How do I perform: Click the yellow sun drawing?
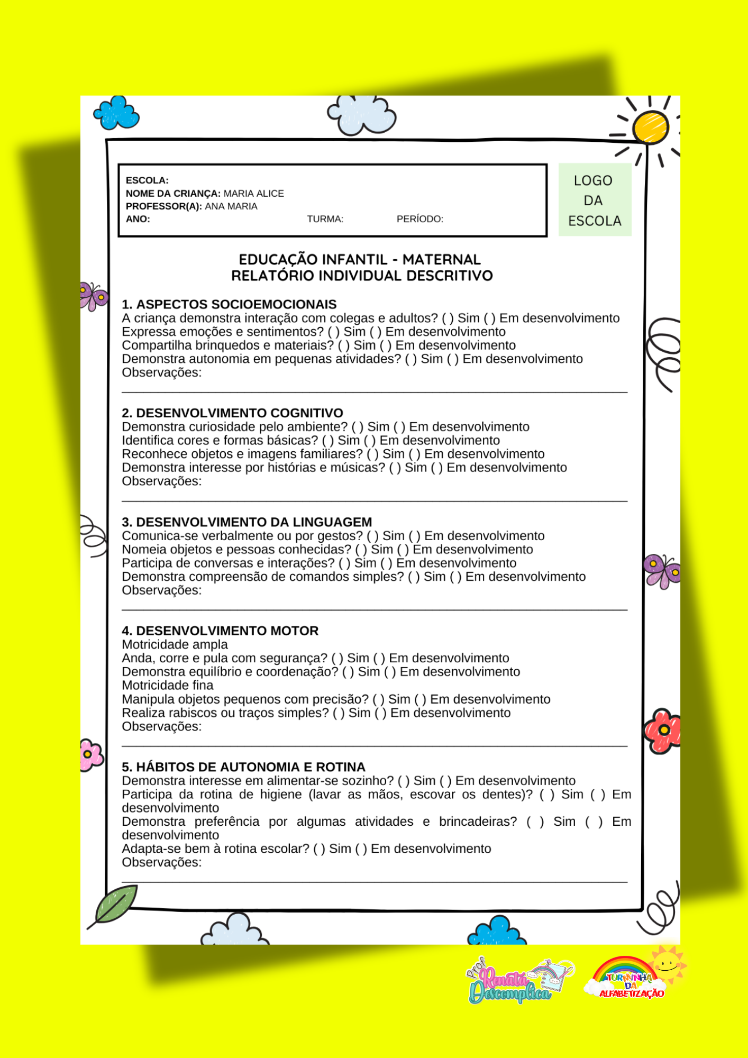651,127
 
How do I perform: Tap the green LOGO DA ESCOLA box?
595,200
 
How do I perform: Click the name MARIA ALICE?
253,194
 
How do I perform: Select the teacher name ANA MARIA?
231,206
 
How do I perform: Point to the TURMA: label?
325,219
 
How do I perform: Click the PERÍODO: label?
419,219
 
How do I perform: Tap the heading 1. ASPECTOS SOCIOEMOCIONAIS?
229,304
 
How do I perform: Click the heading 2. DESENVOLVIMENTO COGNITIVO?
232,413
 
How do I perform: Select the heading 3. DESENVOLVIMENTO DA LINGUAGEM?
247,522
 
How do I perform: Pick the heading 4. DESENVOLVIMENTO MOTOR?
220,631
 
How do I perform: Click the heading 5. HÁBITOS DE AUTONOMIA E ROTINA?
243,767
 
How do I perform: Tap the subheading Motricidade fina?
167,685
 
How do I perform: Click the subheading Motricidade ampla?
175,644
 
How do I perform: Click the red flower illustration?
662,731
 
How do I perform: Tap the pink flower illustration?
90,754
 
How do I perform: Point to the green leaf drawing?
115,904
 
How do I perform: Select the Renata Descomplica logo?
516,982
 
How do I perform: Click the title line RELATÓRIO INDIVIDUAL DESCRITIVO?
362,276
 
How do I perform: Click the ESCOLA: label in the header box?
147,180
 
